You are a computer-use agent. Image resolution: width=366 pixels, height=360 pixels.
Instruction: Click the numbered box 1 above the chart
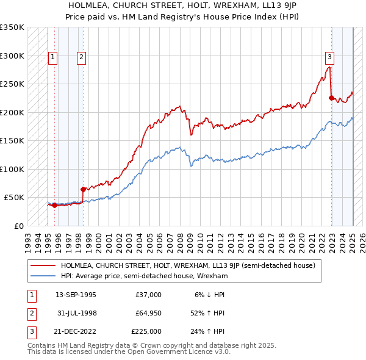click(x=53, y=58)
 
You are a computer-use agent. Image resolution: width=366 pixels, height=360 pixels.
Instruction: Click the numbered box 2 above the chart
click(x=81, y=58)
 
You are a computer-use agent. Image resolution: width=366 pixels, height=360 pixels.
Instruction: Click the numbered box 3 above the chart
click(x=329, y=58)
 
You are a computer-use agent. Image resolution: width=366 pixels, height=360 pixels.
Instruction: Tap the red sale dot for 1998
click(x=84, y=189)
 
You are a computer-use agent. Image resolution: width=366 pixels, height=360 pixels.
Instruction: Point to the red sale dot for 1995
click(x=55, y=205)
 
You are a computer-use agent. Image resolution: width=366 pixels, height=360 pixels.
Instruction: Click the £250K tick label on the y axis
click(x=12, y=84)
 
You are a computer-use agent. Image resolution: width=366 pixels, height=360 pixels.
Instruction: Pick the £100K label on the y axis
click(x=12, y=169)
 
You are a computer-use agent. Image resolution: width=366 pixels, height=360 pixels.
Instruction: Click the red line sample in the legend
click(x=43, y=266)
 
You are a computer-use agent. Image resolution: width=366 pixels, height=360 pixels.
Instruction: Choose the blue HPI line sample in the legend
click(x=43, y=276)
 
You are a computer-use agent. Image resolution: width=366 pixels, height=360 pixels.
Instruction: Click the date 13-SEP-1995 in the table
click(x=76, y=295)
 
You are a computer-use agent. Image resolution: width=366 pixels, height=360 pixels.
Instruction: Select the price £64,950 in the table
click(x=147, y=313)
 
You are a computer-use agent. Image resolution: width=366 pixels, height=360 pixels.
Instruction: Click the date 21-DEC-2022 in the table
click(x=76, y=331)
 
